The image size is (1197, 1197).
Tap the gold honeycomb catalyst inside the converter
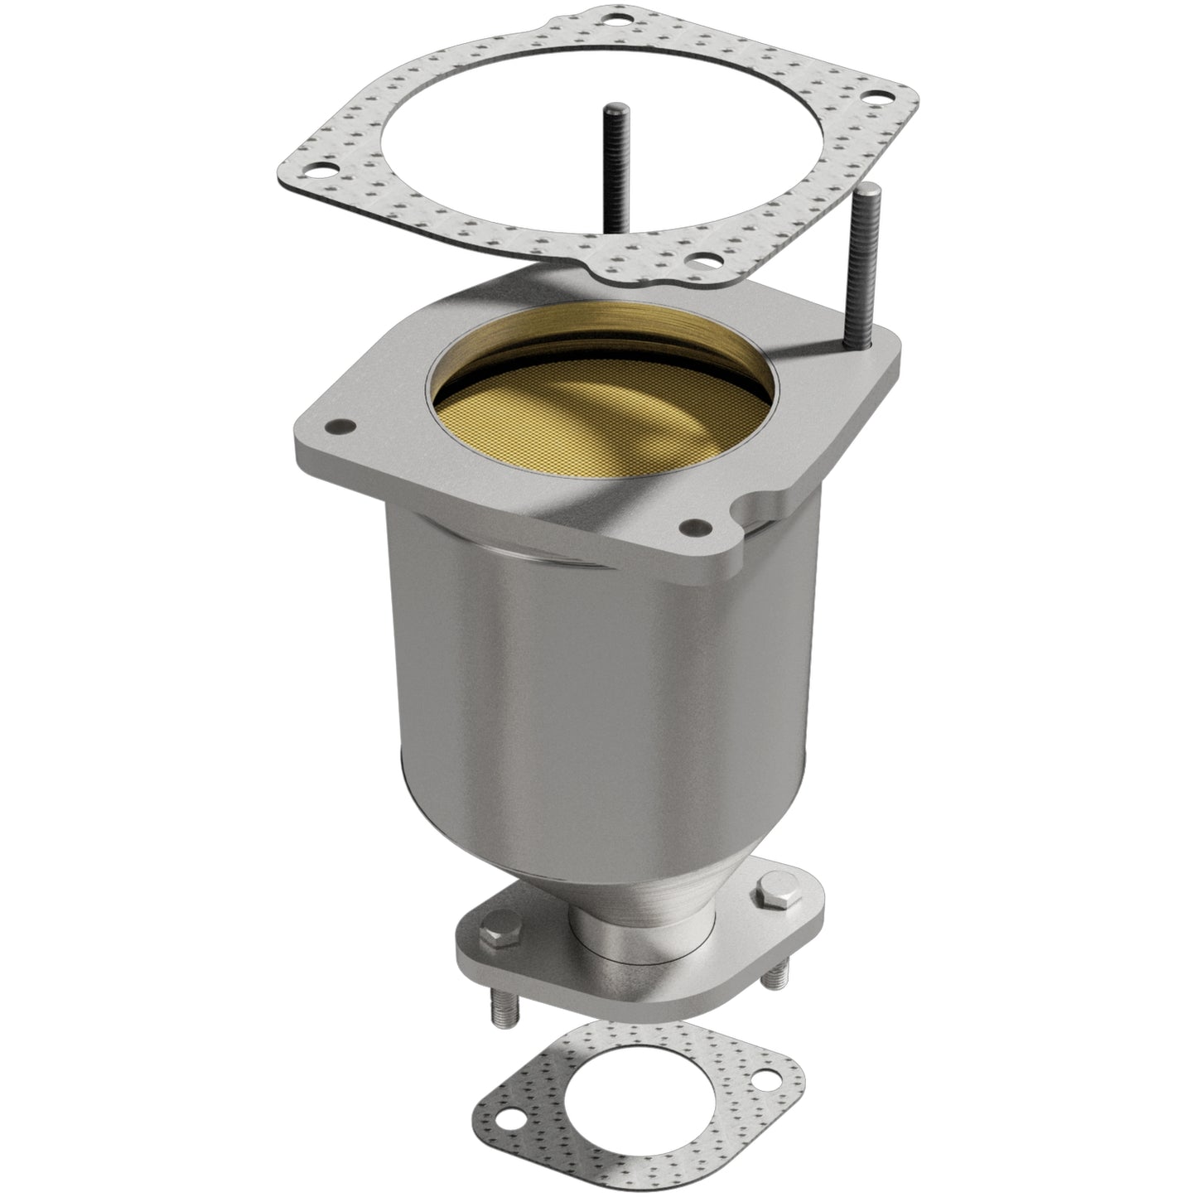(572, 414)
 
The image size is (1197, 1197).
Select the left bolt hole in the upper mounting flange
(337, 427)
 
